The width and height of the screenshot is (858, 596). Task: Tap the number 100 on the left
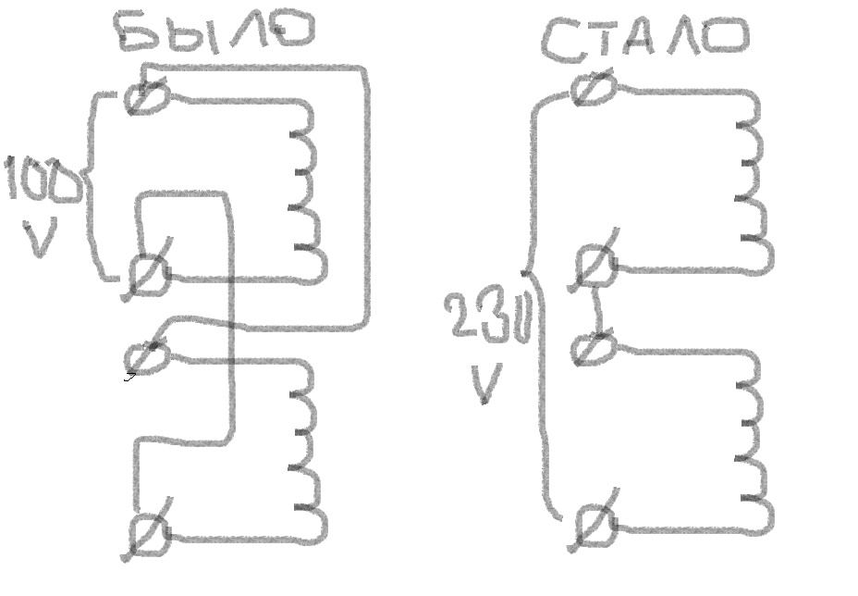[x=42, y=182]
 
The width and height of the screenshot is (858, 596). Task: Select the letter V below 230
[x=485, y=384]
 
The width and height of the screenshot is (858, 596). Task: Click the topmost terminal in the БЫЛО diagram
[x=147, y=93]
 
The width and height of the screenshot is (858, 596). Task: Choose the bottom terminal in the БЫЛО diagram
[x=148, y=534]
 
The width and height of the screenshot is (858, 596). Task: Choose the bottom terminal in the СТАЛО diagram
[x=593, y=526]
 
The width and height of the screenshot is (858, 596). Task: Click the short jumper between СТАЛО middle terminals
[x=598, y=307]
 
